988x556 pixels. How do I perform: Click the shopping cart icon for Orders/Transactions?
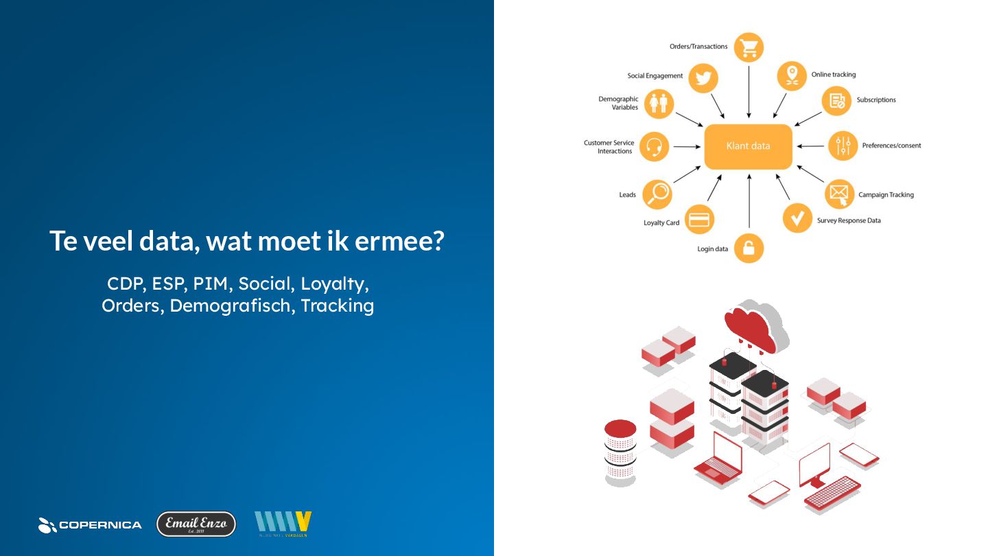coord(749,47)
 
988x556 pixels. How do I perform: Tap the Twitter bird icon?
coord(703,78)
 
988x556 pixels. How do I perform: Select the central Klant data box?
coord(748,146)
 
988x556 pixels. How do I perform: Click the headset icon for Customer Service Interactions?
coord(654,146)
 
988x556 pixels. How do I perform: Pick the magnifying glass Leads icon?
coord(657,194)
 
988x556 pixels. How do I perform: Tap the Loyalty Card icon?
coord(699,220)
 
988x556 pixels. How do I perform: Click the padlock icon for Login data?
coord(749,248)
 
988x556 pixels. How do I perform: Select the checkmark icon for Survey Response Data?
coord(797,218)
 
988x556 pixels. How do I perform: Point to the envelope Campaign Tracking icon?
coord(838,194)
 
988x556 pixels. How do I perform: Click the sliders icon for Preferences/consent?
coord(843,146)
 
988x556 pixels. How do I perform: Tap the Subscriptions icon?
coord(836,100)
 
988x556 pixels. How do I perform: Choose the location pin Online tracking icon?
coord(792,75)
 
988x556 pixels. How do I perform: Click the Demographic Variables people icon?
coord(658,103)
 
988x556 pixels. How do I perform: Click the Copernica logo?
coord(90,525)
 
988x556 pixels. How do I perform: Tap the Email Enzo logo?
coord(196,524)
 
